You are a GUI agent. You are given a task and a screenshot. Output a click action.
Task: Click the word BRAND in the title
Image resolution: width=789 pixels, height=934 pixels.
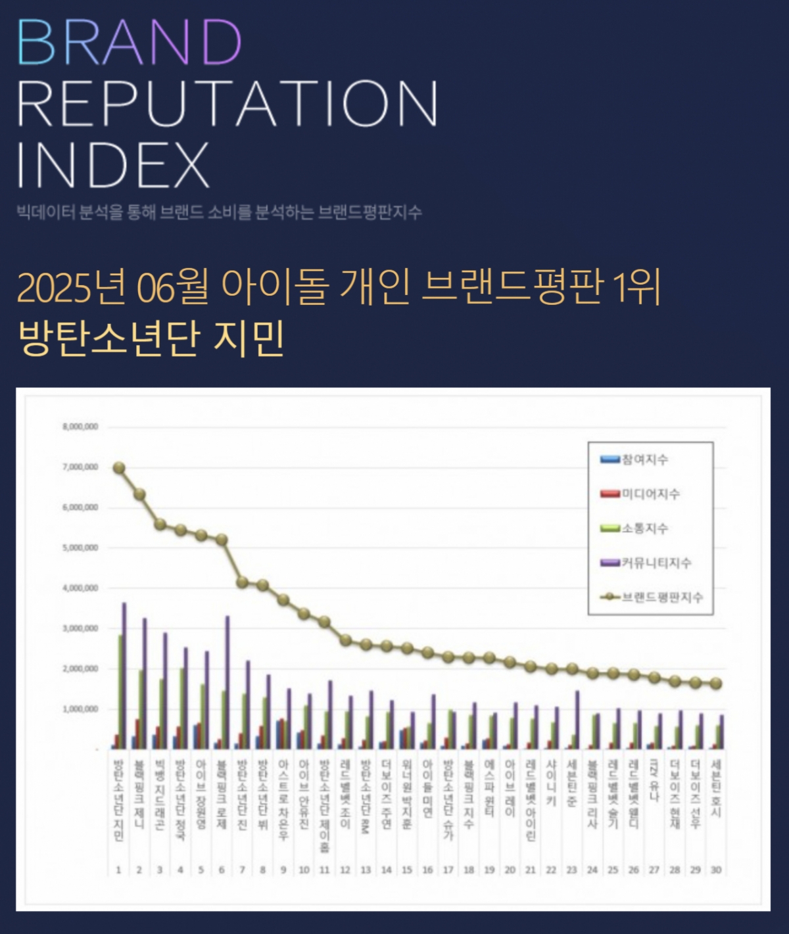click(x=130, y=42)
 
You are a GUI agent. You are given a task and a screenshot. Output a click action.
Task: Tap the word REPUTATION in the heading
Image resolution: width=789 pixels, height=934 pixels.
click(x=227, y=103)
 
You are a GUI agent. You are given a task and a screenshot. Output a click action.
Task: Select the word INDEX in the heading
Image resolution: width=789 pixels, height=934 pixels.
click(x=112, y=164)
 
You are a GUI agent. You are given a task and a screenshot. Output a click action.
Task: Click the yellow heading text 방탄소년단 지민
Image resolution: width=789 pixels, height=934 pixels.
click(x=151, y=338)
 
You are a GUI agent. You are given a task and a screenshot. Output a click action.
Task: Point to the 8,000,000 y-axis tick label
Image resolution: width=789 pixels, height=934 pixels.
click(x=80, y=427)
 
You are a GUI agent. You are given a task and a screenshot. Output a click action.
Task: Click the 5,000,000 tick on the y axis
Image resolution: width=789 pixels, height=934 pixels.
click(x=80, y=548)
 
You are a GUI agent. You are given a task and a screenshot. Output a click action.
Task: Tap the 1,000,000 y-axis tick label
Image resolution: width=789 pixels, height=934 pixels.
click(x=80, y=709)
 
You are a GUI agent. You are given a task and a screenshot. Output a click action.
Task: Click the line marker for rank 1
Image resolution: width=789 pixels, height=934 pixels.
click(x=119, y=468)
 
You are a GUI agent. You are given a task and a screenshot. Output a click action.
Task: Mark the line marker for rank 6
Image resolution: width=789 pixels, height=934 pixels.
click(x=222, y=540)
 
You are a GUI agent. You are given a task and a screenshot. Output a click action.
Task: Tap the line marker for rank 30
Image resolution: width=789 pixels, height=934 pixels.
click(x=716, y=684)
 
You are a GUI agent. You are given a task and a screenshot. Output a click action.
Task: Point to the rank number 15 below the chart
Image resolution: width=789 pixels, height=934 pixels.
click(x=407, y=870)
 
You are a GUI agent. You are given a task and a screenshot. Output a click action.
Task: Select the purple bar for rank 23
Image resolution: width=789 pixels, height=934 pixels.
click(x=577, y=719)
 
